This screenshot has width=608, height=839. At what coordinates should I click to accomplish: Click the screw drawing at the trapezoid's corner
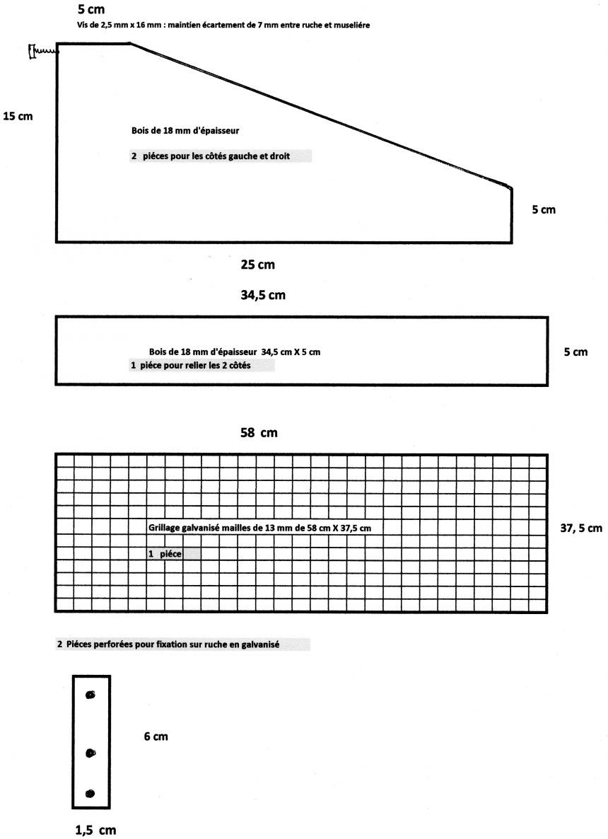(x=43, y=52)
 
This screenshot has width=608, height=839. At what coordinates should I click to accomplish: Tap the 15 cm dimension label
(x=18, y=116)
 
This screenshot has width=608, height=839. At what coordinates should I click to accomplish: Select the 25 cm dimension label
(x=258, y=265)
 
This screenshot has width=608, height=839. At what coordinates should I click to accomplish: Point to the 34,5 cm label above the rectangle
(x=262, y=296)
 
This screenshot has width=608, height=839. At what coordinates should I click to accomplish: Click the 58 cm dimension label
(x=259, y=433)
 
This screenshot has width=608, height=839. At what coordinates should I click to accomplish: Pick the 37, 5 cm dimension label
(x=580, y=528)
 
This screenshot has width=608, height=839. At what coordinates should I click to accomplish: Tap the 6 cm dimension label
(x=156, y=737)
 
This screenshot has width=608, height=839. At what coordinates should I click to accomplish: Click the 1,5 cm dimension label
(x=95, y=831)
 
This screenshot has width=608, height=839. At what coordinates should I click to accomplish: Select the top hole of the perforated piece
(x=90, y=695)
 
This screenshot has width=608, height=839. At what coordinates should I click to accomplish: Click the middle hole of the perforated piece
(x=90, y=753)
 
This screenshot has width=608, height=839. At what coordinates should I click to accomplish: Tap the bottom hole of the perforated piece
(x=90, y=794)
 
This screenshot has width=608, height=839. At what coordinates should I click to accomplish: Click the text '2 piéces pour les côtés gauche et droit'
(x=211, y=156)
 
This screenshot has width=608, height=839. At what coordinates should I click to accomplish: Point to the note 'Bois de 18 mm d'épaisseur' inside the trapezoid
(x=185, y=131)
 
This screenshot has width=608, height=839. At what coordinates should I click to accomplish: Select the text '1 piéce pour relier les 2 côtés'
(x=190, y=366)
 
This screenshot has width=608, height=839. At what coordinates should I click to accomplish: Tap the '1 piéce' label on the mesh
(x=165, y=554)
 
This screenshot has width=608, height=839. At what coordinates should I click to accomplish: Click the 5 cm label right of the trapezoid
(x=543, y=209)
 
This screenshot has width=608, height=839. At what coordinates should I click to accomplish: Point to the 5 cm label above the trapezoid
(x=91, y=9)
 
